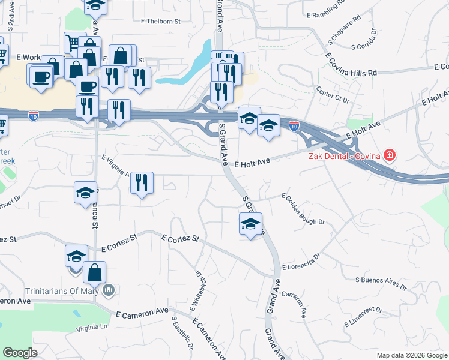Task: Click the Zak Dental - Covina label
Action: (x=345, y=157)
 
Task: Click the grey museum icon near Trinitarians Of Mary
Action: (x=109, y=291)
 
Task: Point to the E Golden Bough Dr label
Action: (x=304, y=209)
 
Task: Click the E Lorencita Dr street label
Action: (x=301, y=260)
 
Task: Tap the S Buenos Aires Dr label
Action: (x=381, y=283)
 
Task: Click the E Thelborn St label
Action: (x=160, y=21)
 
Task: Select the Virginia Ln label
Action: (x=91, y=328)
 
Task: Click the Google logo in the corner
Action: (x=20, y=353)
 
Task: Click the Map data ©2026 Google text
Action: (x=411, y=355)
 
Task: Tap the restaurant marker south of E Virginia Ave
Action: (x=142, y=182)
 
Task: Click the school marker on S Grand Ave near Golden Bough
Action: (x=250, y=225)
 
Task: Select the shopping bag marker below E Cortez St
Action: (x=95, y=272)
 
